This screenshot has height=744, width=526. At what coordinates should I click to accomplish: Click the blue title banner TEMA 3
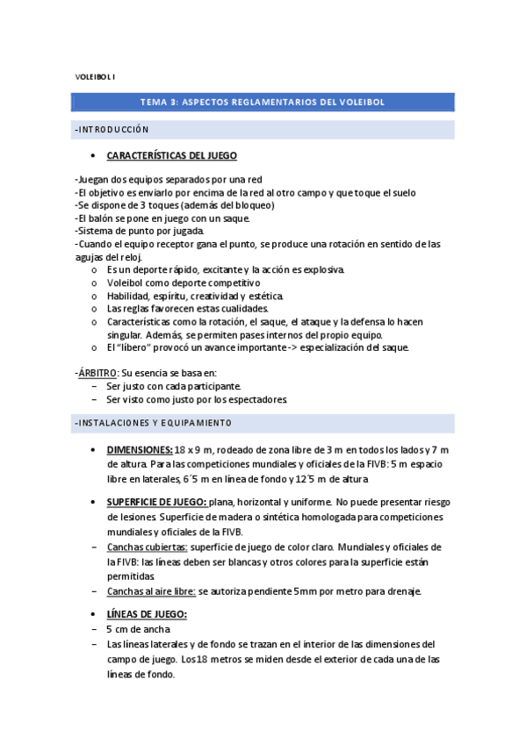(x=263, y=102)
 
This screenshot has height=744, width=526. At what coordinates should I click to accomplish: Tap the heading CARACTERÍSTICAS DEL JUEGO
(x=171, y=155)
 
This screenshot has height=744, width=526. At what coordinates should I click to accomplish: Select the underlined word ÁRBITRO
(x=98, y=373)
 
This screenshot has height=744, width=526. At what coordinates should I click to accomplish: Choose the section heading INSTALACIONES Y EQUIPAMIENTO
(x=154, y=424)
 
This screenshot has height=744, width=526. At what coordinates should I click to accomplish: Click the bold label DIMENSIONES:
(x=140, y=450)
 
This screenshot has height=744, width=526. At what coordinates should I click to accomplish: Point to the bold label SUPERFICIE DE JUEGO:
(x=157, y=502)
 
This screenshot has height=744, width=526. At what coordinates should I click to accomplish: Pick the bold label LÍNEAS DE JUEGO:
(x=147, y=615)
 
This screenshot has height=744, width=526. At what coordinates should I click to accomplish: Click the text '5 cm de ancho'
(x=139, y=629)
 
